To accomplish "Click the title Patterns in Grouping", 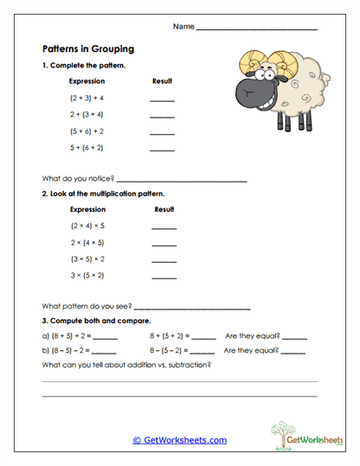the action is [x=88, y=48].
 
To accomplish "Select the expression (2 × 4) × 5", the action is [x=87, y=226].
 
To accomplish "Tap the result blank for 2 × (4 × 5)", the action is [x=164, y=246].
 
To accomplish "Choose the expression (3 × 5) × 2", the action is [x=87, y=259].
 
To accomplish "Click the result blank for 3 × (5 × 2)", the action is [x=164, y=279].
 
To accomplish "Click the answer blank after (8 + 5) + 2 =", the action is [x=105, y=338].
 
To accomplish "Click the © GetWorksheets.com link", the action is [x=180, y=439].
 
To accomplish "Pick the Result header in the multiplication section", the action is [x=164, y=209].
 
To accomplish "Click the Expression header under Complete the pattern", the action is [x=87, y=81].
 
